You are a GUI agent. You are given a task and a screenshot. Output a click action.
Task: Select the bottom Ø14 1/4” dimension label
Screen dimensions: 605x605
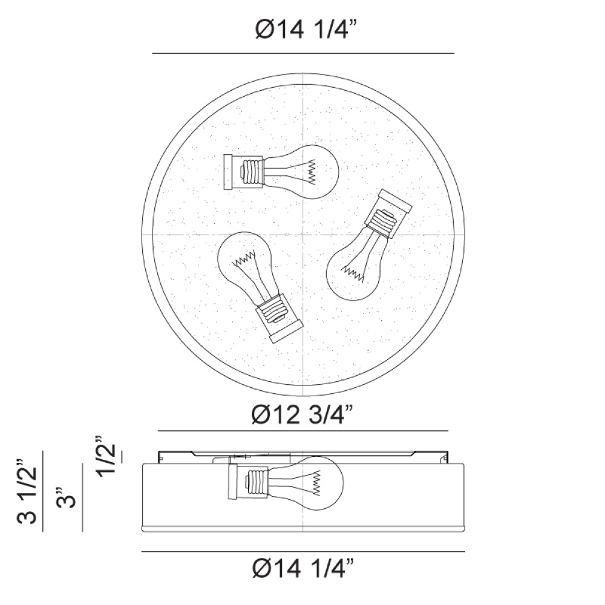coord(303,568)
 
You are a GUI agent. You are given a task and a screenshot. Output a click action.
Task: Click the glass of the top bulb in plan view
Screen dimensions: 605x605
coord(305,172)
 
